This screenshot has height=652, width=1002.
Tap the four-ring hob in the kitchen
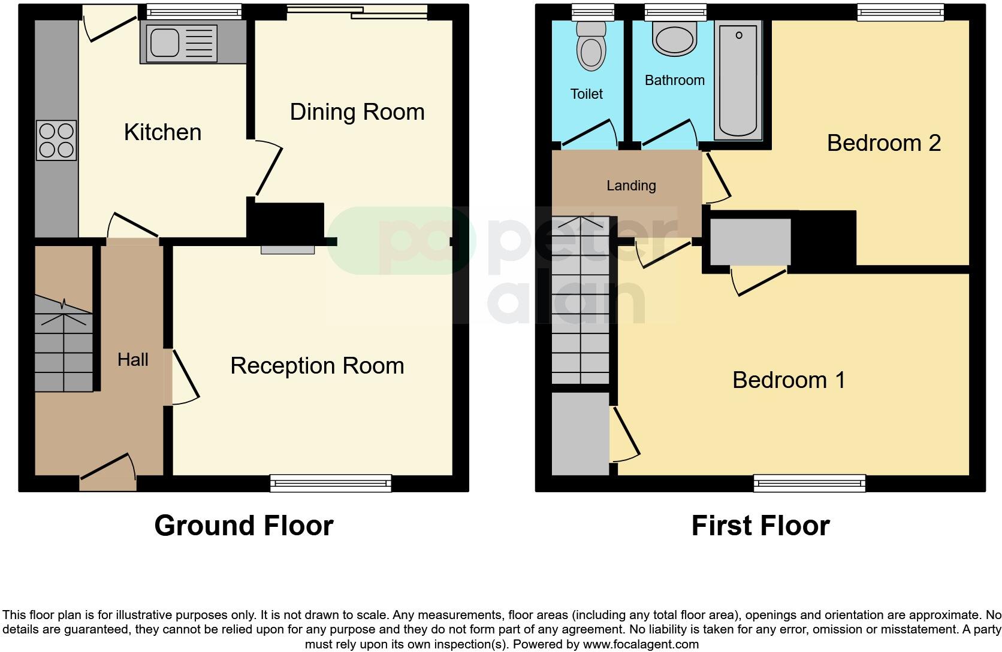[x=56, y=140]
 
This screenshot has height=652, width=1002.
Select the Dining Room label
[x=357, y=112]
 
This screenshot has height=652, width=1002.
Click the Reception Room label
[x=317, y=366]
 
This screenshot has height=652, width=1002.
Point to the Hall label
[x=132, y=359]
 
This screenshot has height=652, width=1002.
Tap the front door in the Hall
[x=108, y=473]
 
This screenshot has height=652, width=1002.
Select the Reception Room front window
[x=331, y=483]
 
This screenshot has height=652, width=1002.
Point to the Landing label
[x=631, y=186]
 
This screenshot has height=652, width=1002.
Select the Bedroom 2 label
[x=883, y=143]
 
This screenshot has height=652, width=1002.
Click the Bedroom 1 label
[x=789, y=380]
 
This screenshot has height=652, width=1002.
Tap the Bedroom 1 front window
[x=809, y=483]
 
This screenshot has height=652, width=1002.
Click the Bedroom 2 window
[x=900, y=11]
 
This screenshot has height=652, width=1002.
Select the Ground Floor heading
[x=243, y=526]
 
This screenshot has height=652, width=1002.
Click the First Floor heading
[x=760, y=526]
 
